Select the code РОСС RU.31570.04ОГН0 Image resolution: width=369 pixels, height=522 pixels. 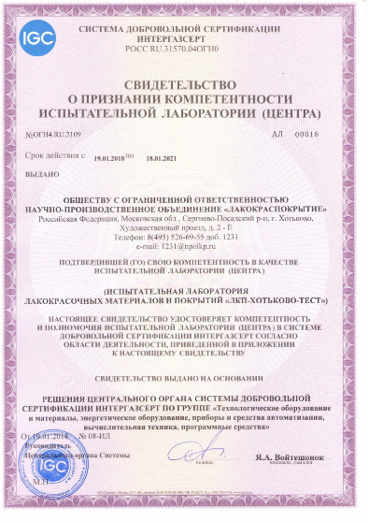[x=185, y=50]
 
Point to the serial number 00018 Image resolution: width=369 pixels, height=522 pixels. [x=332, y=135]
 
